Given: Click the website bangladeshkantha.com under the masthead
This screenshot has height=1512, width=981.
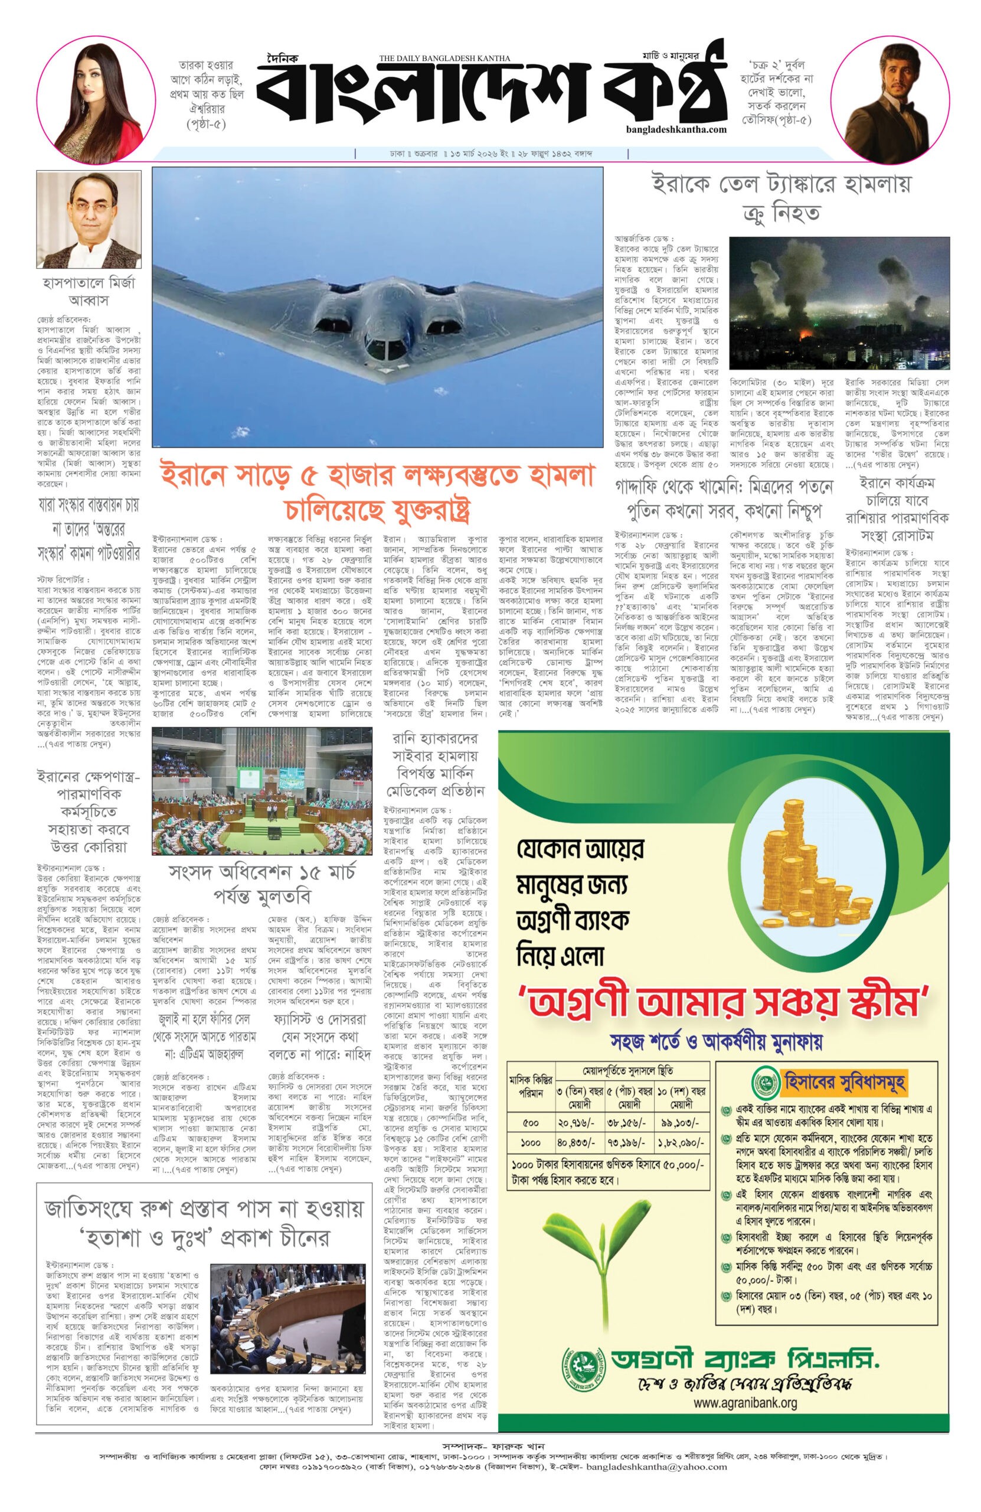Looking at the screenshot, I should click(x=674, y=129).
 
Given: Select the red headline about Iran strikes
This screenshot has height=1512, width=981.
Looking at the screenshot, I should click(x=377, y=490).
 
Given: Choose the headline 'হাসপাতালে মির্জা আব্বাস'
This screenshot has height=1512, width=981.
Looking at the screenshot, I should click(x=89, y=291).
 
